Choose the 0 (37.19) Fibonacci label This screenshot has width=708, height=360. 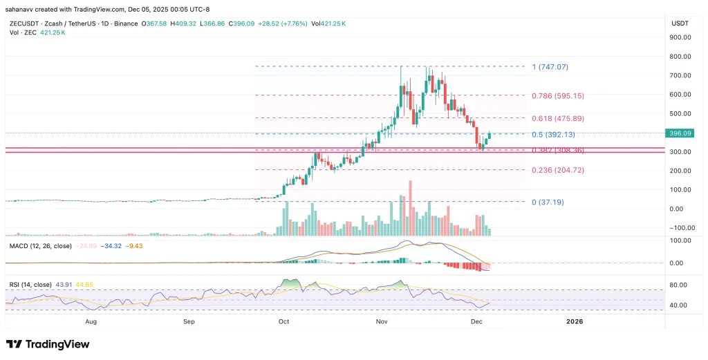coord(550,202)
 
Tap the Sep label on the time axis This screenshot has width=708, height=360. coord(189,321)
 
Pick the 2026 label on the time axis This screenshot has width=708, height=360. coord(575,321)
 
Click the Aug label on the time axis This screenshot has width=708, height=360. coord(91,321)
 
